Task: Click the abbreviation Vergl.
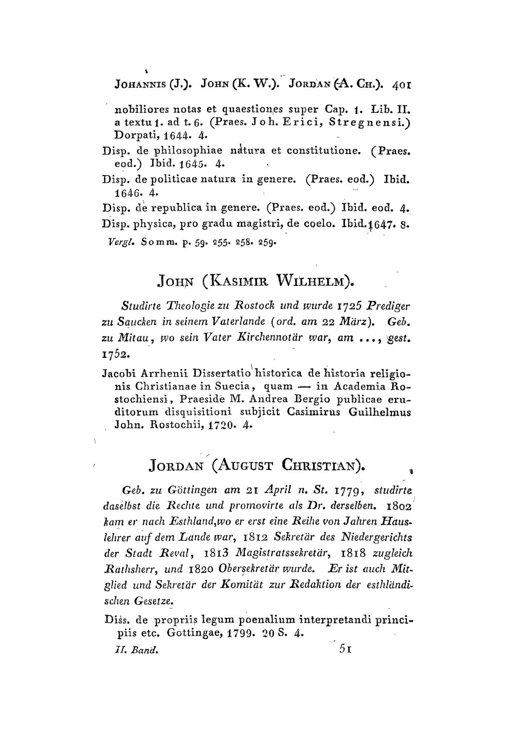click(x=124, y=241)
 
